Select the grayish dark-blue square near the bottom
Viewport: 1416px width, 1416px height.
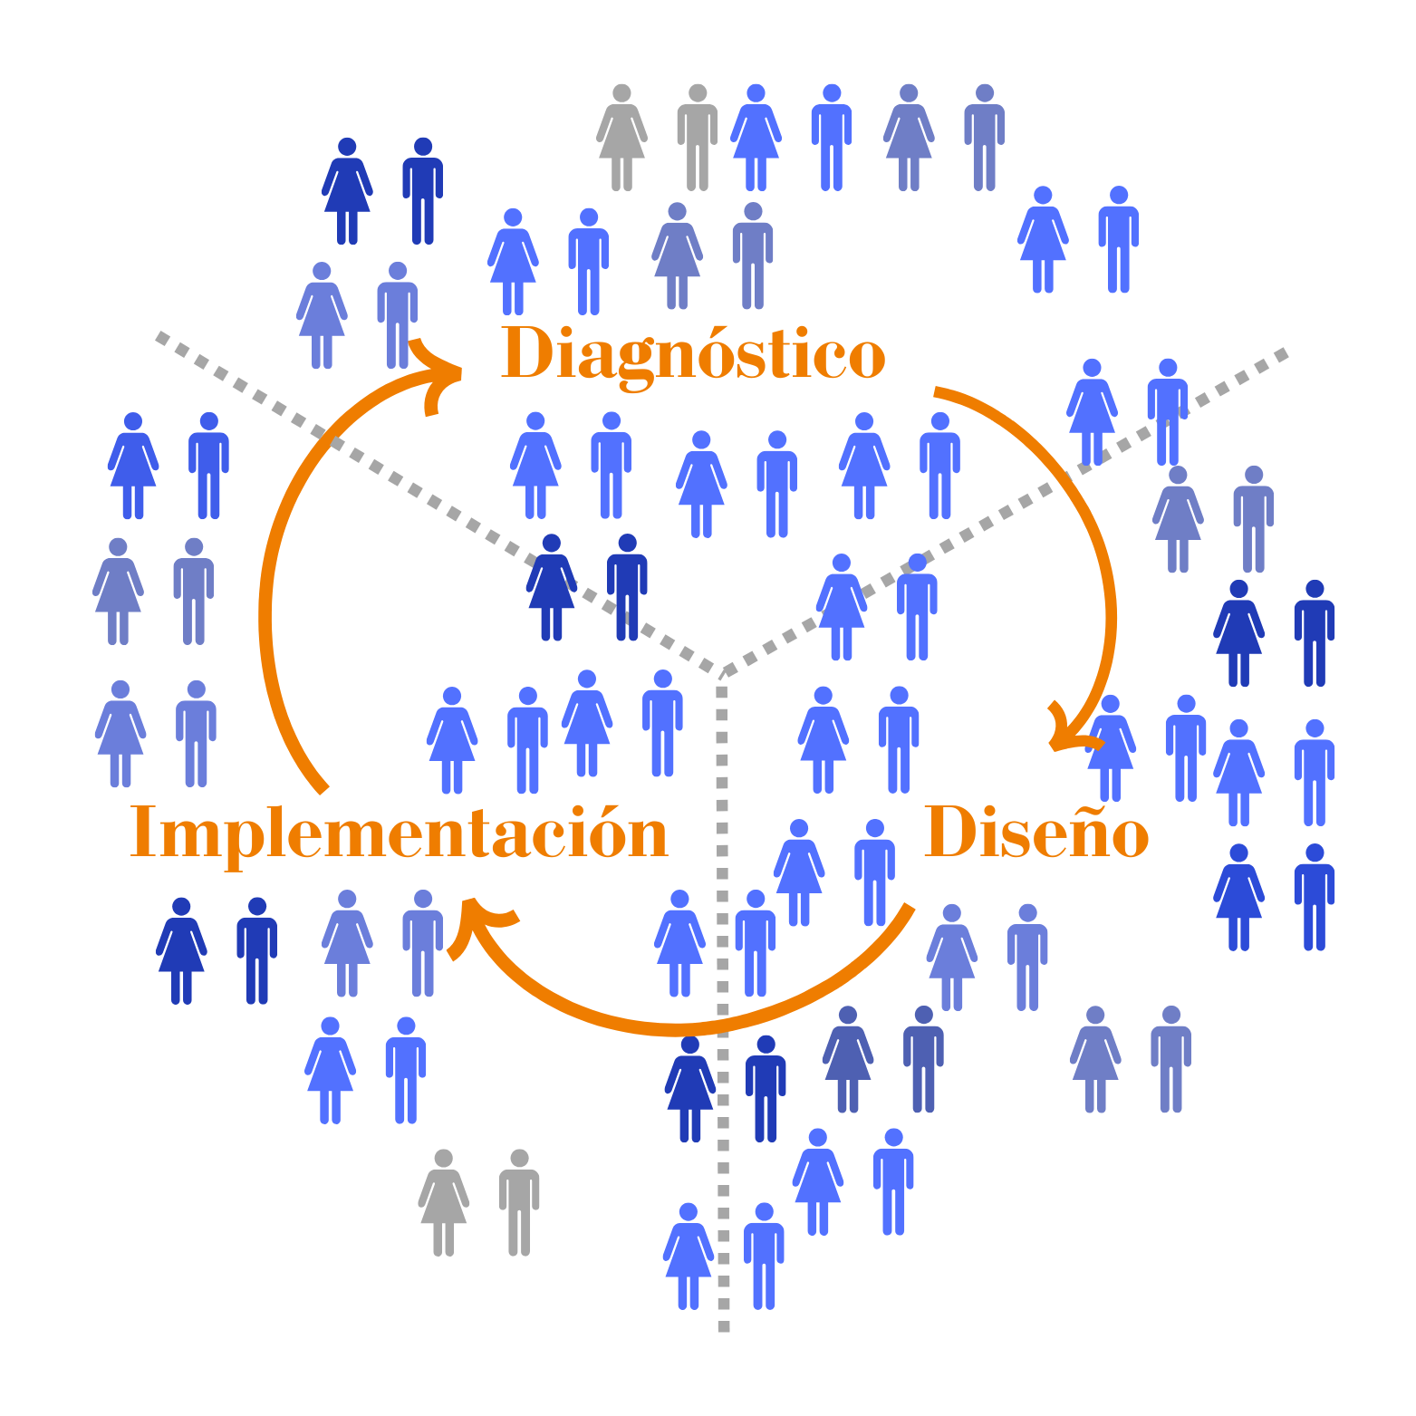point(883,1069)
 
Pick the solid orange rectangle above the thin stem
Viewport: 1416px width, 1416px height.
point(1055,852)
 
